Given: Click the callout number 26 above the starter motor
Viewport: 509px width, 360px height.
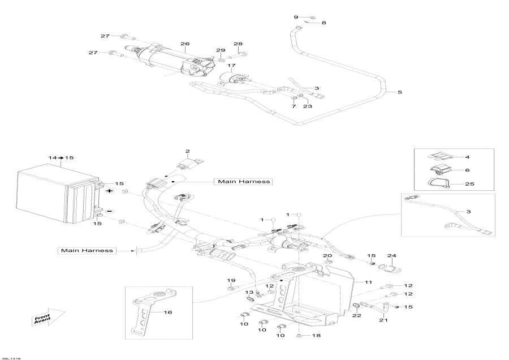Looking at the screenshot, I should pyautogui.click(x=184, y=44).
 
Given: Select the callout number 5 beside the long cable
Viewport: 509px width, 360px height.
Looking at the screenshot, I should pyautogui.click(x=400, y=92).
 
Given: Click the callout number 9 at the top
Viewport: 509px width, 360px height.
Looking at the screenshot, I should pyautogui.click(x=296, y=18).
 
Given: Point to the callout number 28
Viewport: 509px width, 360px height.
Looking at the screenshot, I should pyautogui.click(x=238, y=44).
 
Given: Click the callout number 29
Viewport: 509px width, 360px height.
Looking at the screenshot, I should pyautogui.click(x=221, y=51).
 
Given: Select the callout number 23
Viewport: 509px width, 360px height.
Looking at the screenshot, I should pyautogui.click(x=307, y=106).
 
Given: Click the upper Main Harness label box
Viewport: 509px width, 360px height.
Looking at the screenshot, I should pyautogui.click(x=242, y=182).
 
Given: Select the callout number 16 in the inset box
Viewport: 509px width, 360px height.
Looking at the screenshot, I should pyautogui.click(x=167, y=312).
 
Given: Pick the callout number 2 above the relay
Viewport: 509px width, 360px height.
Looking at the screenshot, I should pyautogui.click(x=188, y=152).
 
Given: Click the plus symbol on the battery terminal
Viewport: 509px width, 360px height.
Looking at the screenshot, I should pyautogui.click(x=109, y=192).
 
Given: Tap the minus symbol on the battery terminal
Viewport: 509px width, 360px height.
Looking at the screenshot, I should pyautogui.click(x=109, y=211).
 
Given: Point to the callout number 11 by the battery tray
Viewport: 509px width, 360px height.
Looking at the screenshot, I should pyautogui.click(x=368, y=282).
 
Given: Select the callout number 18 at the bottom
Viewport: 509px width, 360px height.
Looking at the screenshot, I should pyautogui.click(x=316, y=336).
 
